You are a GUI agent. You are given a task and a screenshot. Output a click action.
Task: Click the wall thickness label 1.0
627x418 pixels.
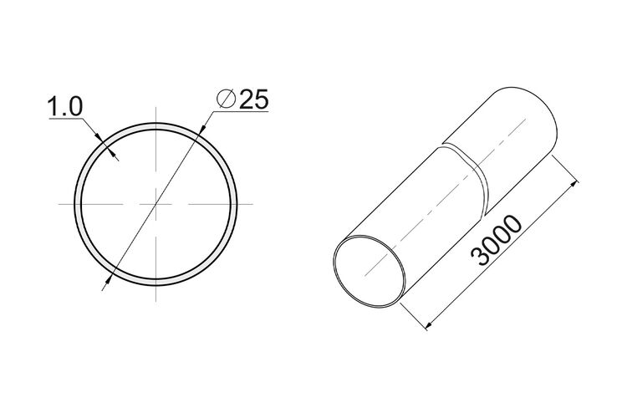point(65,107)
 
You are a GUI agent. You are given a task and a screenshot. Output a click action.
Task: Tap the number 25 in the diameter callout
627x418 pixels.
point(253,99)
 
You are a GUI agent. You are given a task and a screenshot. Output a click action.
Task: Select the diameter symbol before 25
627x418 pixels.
point(226,99)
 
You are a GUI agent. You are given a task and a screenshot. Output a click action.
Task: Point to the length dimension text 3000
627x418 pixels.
point(497,241)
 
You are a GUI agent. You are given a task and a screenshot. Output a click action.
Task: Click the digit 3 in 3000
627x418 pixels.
point(480,257)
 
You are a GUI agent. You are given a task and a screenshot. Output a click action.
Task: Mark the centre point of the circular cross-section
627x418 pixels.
point(156,204)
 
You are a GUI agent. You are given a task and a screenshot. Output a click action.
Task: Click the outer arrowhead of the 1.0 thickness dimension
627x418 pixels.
point(99,136)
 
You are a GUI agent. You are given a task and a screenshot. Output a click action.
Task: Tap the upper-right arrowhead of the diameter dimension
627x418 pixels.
point(202,128)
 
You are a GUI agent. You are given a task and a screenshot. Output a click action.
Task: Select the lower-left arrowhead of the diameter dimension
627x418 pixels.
point(108,279)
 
